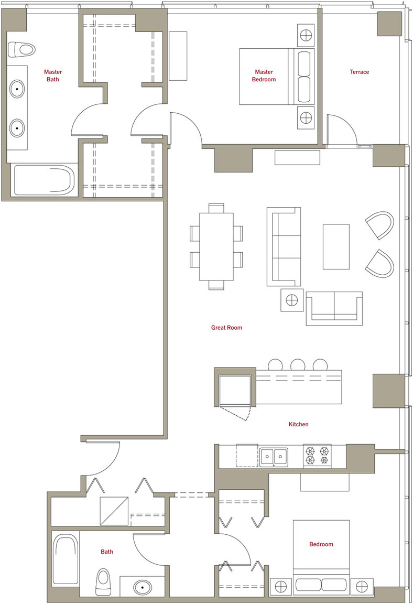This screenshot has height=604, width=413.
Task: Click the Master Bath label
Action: (x=53, y=75)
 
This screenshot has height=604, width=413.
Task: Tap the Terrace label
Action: (x=360, y=72)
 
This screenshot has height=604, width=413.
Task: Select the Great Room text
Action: (x=227, y=327)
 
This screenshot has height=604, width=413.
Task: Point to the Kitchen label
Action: (x=299, y=424)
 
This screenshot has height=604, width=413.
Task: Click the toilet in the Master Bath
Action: (x=21, y=49)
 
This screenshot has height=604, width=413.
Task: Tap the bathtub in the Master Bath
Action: (x=43, y=180)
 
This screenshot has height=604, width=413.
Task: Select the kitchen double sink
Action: (x=274, y=457)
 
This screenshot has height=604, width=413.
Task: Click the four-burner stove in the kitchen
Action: (x=317, y=455)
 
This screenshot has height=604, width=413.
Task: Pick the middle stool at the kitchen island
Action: (x=298, y=364)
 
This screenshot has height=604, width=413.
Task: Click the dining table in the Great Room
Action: (x=216, y=246)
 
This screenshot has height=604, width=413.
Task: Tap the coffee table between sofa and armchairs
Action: (x=336, y=246)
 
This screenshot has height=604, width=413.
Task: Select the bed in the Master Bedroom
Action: (x=277, y=76)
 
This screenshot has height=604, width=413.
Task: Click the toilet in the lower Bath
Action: (x=103, y=581)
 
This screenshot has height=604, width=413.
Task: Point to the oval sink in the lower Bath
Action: (x=143, y=587)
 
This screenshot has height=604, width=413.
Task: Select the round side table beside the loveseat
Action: (x=292, y=300)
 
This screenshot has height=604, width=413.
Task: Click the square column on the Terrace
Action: (x=389, y=24)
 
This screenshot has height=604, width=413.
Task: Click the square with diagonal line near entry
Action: (x=114, y=511)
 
